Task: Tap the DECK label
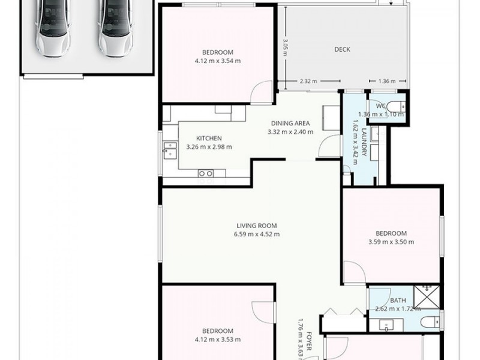coord(342,50)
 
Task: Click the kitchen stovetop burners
coord(206,174)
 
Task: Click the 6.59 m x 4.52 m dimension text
coord(256,235)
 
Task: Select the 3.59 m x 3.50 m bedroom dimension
coord(391,242)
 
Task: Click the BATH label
coord(398,301)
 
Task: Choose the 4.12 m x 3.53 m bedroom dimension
coord(217,339)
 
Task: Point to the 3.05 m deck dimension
coord(286,46)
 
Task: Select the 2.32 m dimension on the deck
coord(308,81)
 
